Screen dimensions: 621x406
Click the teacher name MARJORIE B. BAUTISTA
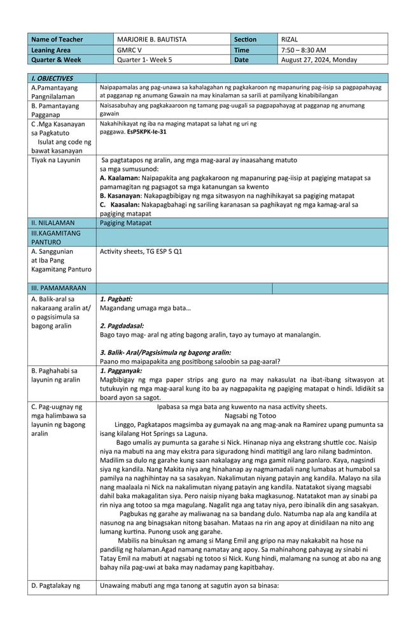151,39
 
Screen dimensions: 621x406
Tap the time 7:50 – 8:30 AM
303,50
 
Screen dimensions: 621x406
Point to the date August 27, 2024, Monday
319,60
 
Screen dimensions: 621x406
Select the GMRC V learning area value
129,50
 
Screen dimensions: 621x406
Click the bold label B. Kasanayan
121,196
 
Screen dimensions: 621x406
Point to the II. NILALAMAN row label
53,223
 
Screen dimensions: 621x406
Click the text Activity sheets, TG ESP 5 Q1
141,251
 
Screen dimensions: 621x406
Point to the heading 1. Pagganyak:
121,370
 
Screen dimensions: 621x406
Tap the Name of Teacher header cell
57,39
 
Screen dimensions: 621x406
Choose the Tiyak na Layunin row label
55,160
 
